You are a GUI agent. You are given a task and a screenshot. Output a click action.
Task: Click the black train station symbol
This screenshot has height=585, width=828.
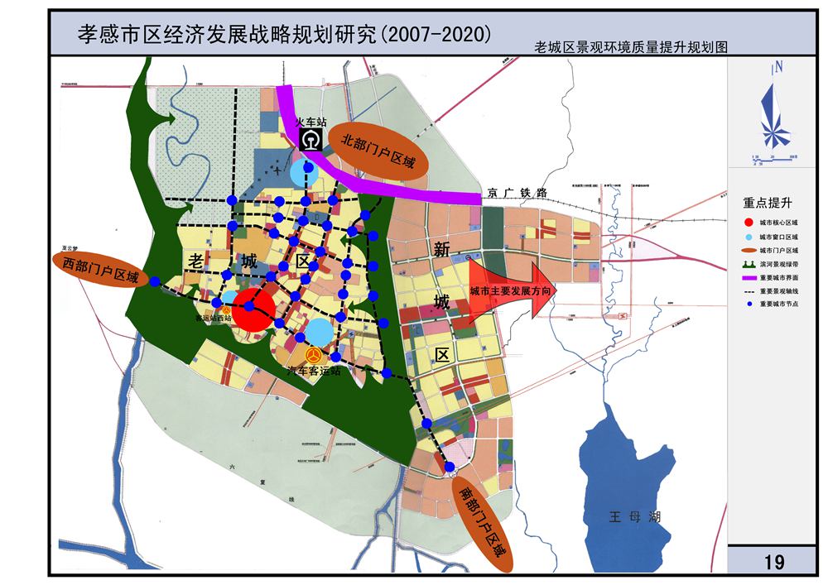[310, 141]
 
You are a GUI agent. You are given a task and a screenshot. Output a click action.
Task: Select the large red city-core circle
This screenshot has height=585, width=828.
[253, 310]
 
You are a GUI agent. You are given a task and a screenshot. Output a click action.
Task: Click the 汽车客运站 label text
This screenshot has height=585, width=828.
[315, 372]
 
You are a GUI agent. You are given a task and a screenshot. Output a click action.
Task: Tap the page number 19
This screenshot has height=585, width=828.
[774, 563]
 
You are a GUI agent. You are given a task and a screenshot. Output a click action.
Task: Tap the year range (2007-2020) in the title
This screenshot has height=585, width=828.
[435, 34]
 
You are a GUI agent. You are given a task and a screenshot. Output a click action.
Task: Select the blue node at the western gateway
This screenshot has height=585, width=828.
[156, 283]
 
